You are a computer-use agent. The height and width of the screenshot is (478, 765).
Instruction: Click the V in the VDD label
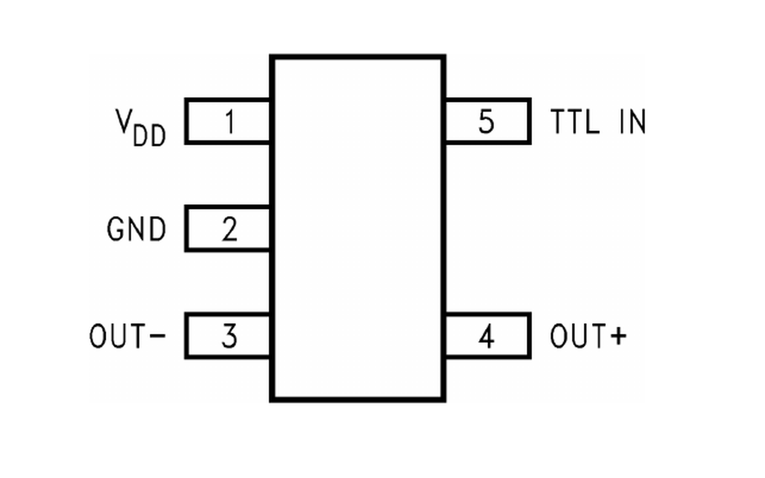[x=123, y=121]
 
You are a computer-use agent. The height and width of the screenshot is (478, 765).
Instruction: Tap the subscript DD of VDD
[x=149, y=136]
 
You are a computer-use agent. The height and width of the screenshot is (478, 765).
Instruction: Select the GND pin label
[x=136, y=229]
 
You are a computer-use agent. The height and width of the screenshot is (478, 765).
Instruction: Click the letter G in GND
[x=115, y=229]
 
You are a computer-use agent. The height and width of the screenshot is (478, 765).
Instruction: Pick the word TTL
[x=575, y=121]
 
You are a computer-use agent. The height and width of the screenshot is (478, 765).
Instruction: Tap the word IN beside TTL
[x=633, y=121]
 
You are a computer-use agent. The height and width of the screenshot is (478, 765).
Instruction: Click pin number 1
[x=230, y=121]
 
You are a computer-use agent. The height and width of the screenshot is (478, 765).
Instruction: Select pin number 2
[x=229, y=229]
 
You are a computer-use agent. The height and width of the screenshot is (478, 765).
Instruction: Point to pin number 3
[x=229, y=336]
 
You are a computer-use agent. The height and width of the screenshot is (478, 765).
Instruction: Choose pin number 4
[x=486, y=336]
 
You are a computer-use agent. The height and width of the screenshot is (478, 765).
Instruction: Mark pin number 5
[x=486, y=121]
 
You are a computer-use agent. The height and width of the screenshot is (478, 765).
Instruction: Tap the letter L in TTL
[x=592, y=121]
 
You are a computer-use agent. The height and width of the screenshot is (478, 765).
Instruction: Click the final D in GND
[x=158, y=229]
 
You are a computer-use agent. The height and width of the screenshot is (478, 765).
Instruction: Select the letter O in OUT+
[x=558, y=336]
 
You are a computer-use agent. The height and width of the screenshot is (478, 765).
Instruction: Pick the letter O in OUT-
[x=97, y=336]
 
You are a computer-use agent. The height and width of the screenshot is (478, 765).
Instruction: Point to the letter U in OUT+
[x=579, y=336]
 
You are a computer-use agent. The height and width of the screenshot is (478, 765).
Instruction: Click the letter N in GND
[x=136, y=229]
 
